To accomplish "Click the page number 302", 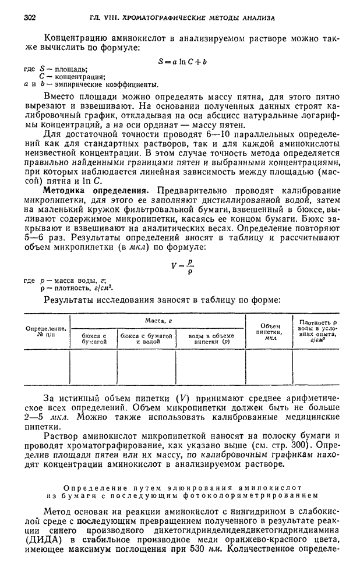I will [30, 18].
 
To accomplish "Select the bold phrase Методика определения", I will [89, 190].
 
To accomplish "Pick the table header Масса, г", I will [157, 321].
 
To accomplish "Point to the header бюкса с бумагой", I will [94, 339].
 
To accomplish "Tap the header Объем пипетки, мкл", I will [270, 332].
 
